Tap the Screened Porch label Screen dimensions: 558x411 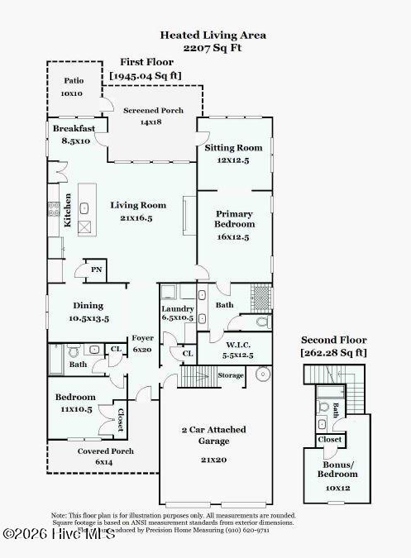click(153, 110)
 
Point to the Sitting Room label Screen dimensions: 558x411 click(233, 148)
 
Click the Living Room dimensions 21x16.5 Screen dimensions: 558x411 click(138, 217)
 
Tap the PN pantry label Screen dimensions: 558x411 click(97, 269)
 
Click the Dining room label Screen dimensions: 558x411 click(88, 305)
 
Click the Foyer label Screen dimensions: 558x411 click(143, 338)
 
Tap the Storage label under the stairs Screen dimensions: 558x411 click(232, 375)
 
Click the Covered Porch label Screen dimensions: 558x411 click(105, 451)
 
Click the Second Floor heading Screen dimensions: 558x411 click(333, 340)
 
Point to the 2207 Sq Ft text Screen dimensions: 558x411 click(213, 48)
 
